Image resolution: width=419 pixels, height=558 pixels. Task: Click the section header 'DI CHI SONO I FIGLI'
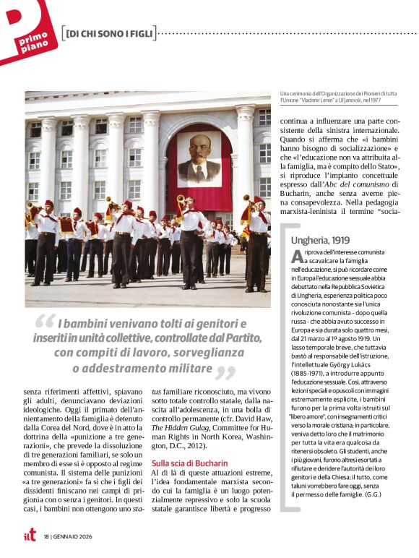108,34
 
